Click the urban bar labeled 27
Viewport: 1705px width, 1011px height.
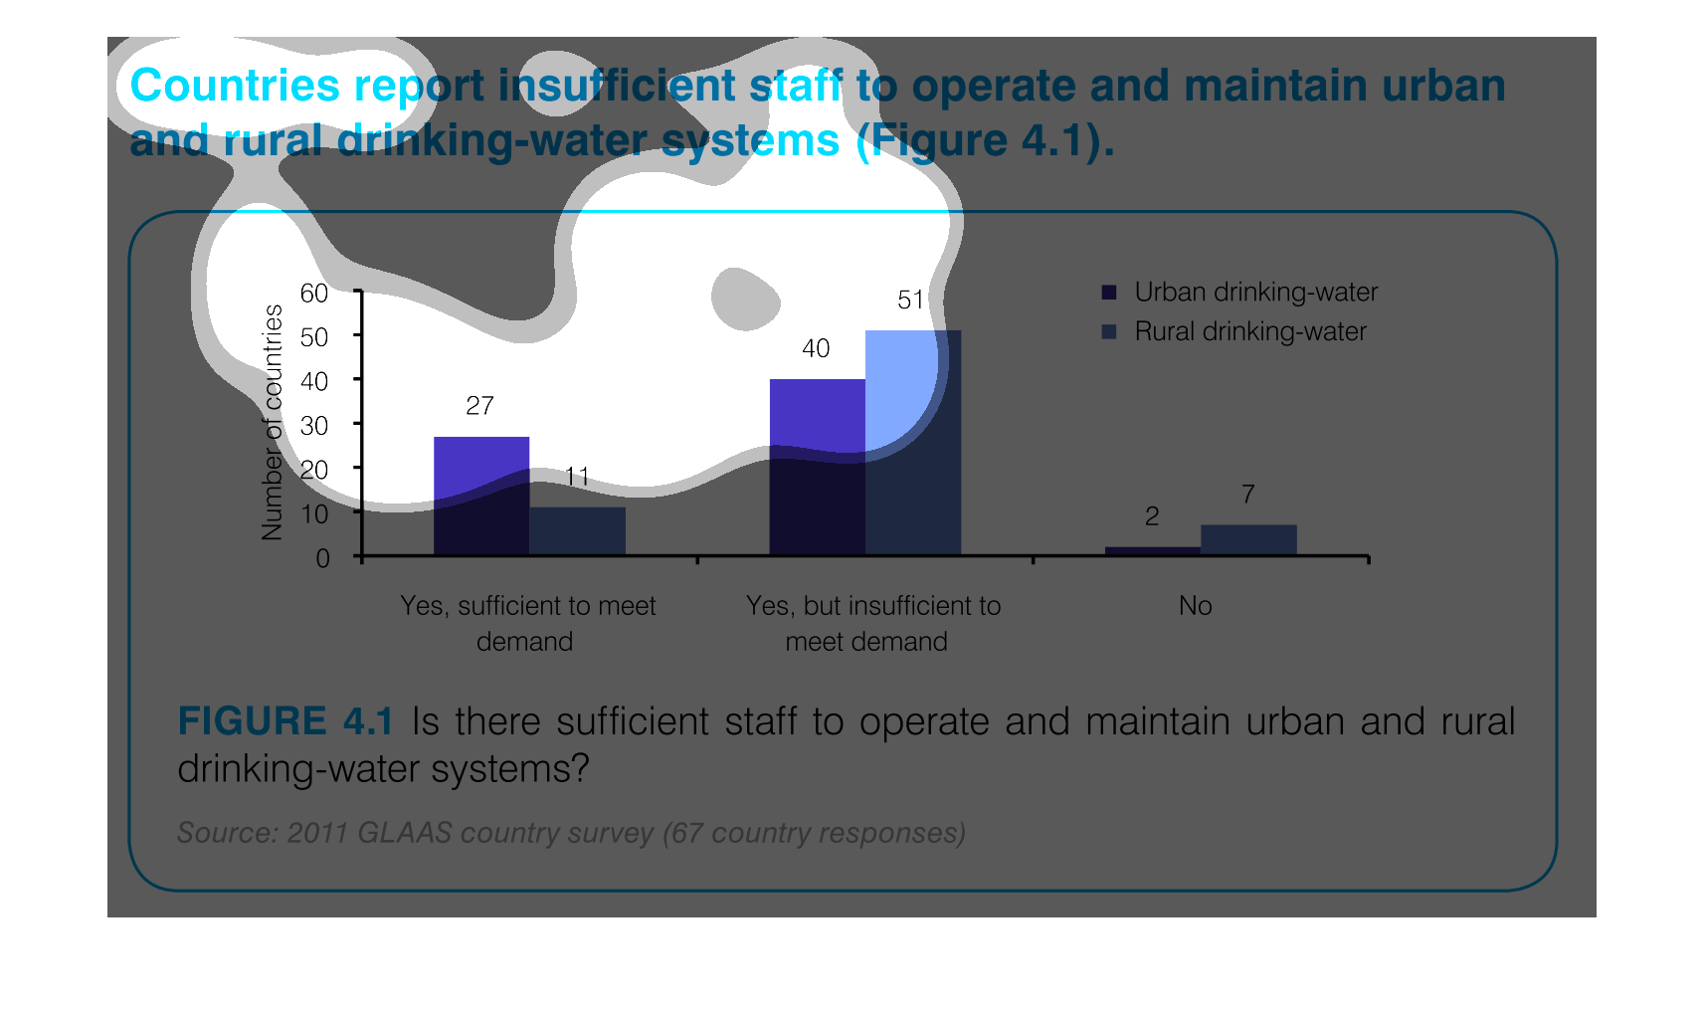tap(481, 496)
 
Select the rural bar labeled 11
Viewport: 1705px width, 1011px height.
tap(578, 531)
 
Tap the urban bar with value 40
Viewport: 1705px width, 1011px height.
tap(818, 467)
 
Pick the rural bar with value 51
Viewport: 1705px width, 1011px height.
tap(913, 442)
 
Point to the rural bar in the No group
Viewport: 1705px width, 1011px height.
tap(1249, 539)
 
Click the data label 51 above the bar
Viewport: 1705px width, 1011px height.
tap(911, 300)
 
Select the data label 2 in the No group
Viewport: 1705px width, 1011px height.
tap(1152, 516)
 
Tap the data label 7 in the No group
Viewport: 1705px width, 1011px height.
tap(1248, 495)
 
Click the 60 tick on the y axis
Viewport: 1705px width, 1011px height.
tap(313, 294)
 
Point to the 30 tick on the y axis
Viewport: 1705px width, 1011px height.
tap(313, 426)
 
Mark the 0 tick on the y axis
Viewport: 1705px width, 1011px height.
tap(322, 558)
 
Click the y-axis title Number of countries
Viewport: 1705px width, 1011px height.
tap(272, 423)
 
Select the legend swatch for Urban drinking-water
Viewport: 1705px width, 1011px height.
tap(1109, 293)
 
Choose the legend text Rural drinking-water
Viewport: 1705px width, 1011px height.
tap(1250, 332)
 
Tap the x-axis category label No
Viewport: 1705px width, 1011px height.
tap(1195, 606)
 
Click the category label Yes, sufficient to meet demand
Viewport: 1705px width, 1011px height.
tap(527, 624)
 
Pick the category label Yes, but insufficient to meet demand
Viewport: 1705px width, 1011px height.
tap(873, 624)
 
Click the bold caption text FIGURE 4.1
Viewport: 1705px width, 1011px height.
tap(285, 721)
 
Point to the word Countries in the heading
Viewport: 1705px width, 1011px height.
tap(235, 86)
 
